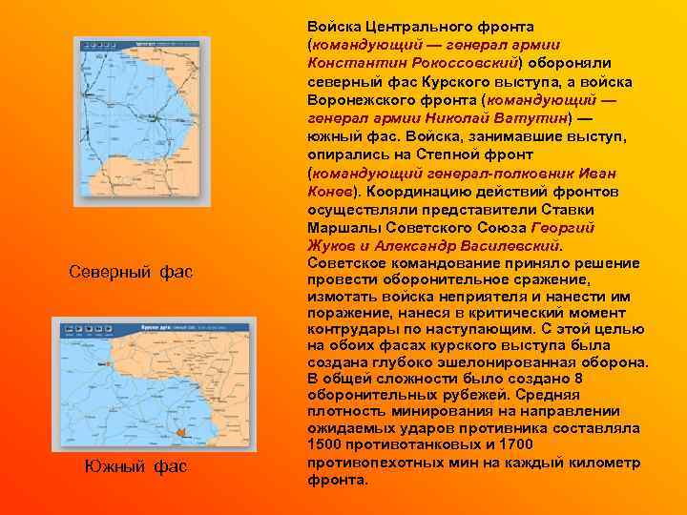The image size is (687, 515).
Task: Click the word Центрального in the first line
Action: (410, 26)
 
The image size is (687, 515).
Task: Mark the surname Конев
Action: (327, 189)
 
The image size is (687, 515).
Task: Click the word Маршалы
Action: (340, 227)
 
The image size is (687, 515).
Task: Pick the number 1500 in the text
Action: (325, 444)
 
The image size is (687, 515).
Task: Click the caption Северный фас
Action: (131, 272)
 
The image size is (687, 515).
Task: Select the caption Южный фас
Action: (135, 466)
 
